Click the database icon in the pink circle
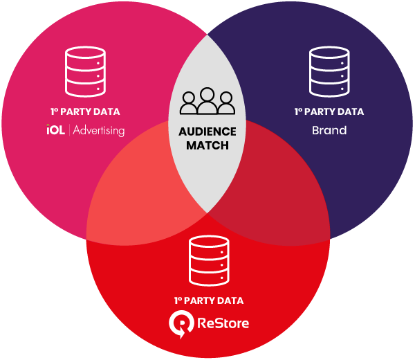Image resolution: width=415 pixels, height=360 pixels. (85, 71)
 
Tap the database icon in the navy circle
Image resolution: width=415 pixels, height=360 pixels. (329, 71)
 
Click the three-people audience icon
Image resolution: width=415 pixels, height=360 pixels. (207, 101)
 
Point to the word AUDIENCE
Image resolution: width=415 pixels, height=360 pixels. (207, 132)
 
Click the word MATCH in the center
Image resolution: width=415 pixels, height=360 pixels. (207, 146)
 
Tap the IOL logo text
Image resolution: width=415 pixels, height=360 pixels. (55, 129)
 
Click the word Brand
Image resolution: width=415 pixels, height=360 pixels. (329, 129)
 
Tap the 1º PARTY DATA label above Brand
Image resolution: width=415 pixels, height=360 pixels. (329, 111)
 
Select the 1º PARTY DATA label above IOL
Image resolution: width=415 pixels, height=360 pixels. (85, 111)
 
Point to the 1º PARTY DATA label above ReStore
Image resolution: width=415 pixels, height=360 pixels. (208, 300)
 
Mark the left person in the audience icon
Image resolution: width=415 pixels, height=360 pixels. (189, 104)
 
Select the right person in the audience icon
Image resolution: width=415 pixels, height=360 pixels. (226, 104)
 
